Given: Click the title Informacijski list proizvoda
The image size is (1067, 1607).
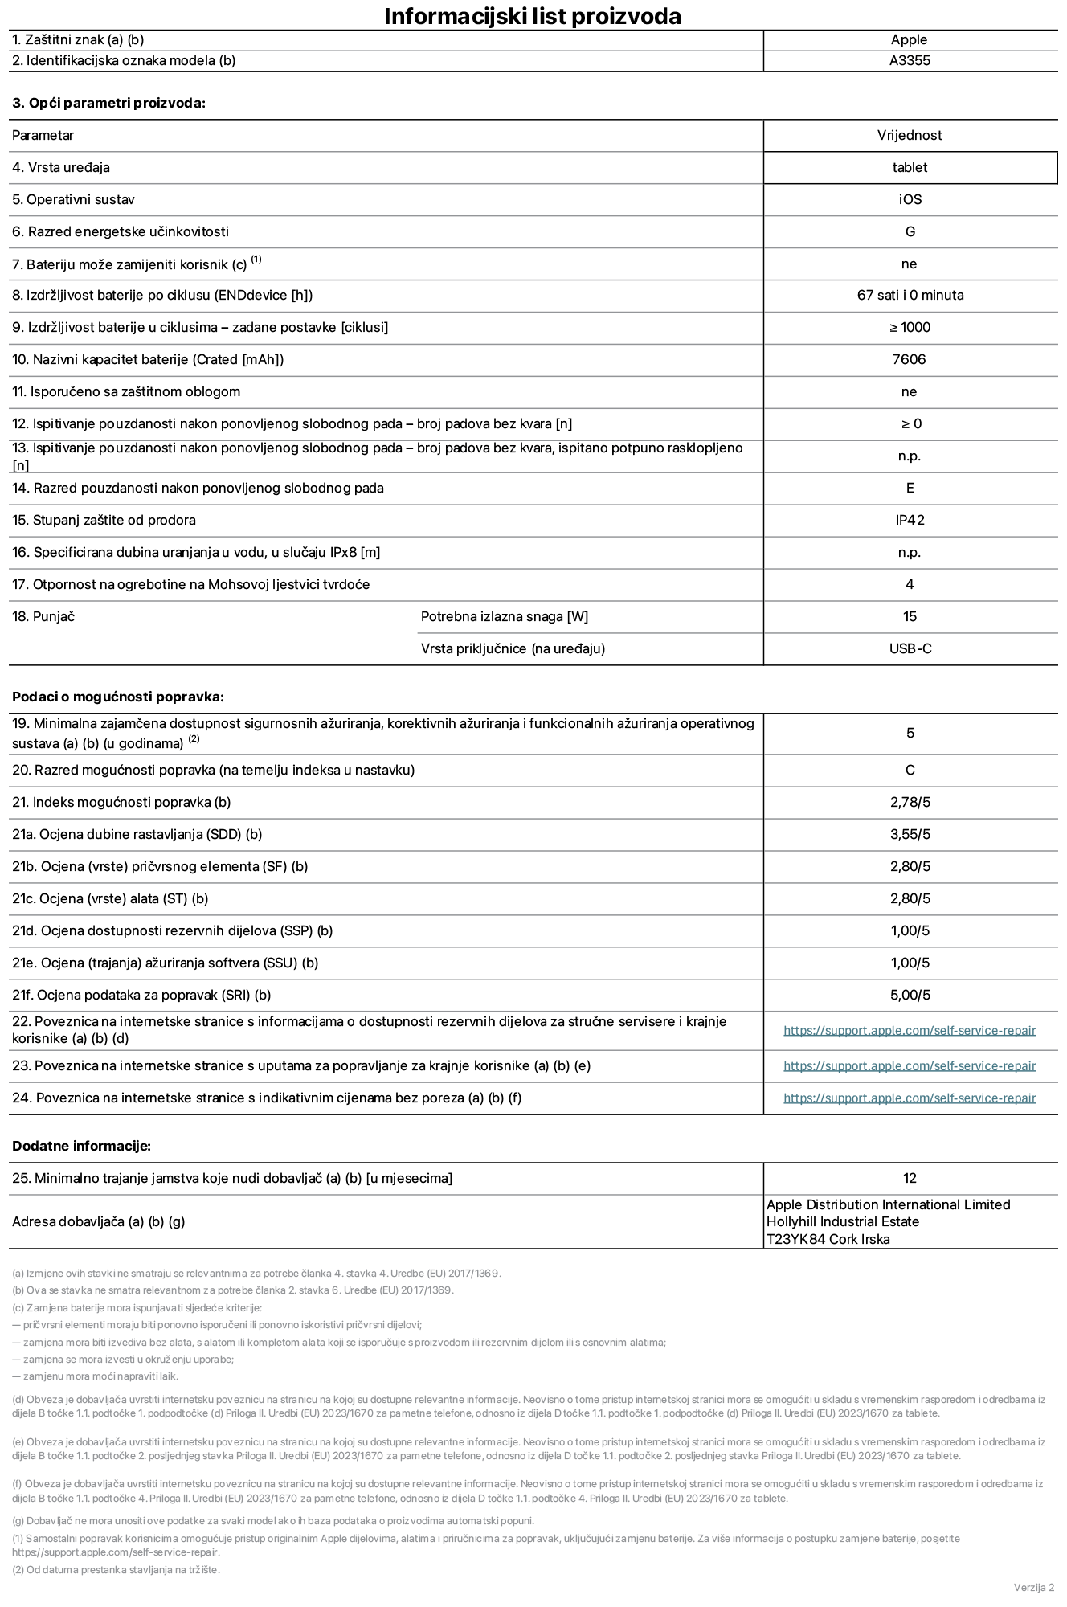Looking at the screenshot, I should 533,16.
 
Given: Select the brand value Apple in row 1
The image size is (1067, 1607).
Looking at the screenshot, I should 909,39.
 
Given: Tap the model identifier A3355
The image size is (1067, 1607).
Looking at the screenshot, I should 909,60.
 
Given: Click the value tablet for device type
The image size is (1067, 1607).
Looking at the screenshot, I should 909,167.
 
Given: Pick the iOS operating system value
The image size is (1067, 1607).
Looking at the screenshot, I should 910,199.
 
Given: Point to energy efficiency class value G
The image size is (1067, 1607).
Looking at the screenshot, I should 910,231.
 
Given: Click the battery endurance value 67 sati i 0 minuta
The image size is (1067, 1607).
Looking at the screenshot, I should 910,295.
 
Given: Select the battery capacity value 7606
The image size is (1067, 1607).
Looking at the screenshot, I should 909,359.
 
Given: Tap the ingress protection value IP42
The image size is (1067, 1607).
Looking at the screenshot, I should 910,520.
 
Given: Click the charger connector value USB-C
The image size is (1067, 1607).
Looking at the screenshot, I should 910,648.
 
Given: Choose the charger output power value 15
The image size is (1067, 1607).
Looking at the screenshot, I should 910,616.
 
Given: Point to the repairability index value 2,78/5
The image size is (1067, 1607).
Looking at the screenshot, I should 910,802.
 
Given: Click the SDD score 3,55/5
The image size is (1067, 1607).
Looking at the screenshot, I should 910,834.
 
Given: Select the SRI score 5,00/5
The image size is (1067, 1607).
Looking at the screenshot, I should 910,995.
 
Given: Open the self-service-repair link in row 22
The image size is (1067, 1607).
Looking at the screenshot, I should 909,1030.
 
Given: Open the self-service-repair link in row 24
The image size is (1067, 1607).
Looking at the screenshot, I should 909,1098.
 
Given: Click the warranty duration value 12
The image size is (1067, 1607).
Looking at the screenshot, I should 909,1178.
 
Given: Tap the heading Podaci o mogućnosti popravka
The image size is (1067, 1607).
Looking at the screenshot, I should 118,697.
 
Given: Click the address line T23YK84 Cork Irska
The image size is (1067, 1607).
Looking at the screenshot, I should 828,1239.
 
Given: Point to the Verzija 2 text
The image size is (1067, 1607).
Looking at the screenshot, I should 1033,1587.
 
